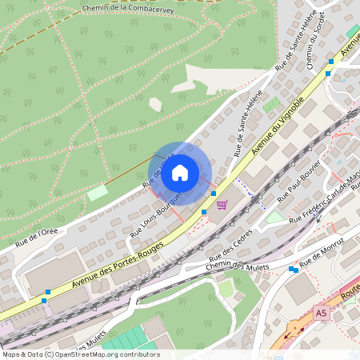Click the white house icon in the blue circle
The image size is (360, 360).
[x=180, y=172]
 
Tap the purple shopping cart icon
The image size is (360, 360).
[x=222, y=205]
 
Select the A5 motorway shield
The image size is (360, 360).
[x=321, y=312]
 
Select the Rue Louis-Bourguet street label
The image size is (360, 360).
[x=157, y=214]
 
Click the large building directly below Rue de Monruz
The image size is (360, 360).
[x=300, y=289]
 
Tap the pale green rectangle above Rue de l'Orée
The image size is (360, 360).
[x=97, y=193]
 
